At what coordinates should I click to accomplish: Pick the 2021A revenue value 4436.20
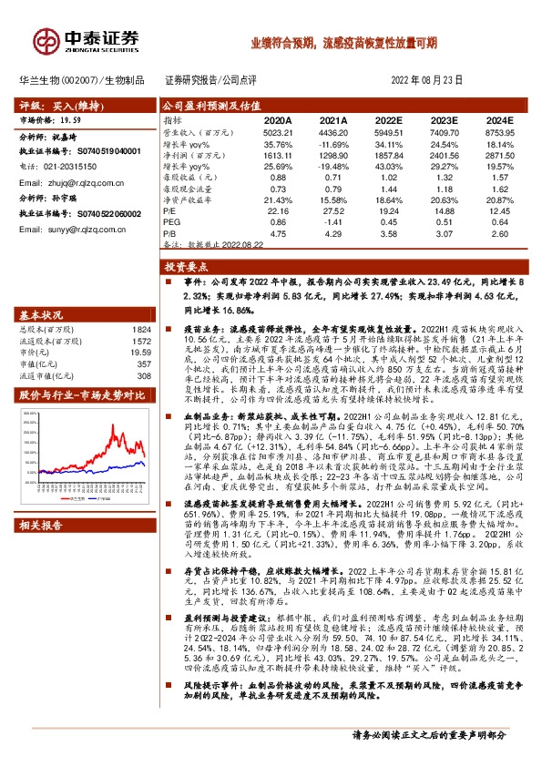pos(332,132)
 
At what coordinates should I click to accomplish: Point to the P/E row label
pos(170,210)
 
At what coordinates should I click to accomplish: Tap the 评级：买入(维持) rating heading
pos(56,106)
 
